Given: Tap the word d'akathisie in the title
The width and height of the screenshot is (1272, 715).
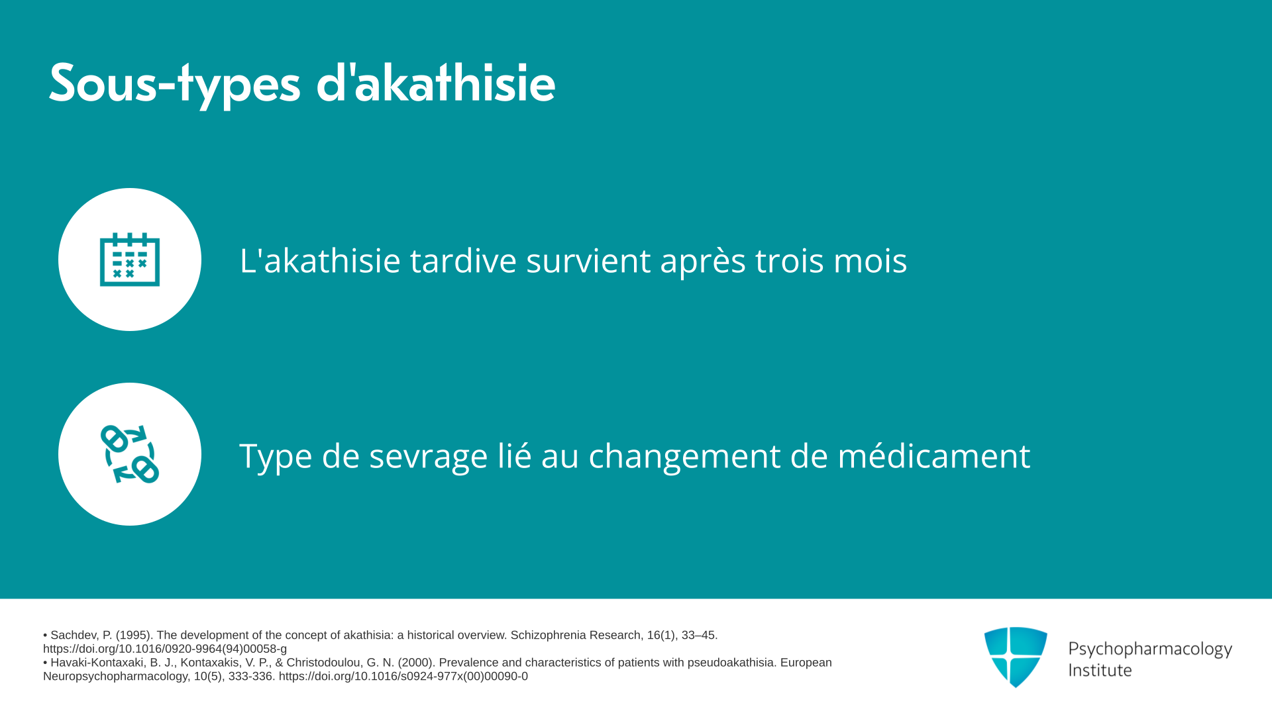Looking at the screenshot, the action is (x=436, y=83).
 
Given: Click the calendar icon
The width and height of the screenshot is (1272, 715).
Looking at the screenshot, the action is (x=130, y=260).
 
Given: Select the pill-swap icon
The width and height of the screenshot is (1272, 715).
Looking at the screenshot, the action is (x=130, y=454).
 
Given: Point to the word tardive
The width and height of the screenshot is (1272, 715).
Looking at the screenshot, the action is (x=463, y=260).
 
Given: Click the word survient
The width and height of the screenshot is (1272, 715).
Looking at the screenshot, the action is (x=588, y=260).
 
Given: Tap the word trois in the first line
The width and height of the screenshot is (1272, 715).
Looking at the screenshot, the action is (x=789, y=260).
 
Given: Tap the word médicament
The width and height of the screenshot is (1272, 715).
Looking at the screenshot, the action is (x=934, y=455).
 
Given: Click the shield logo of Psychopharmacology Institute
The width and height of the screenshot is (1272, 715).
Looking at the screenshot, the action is (x=1016, y=657).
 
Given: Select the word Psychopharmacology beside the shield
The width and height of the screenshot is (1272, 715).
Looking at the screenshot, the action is (x=1150, y=649).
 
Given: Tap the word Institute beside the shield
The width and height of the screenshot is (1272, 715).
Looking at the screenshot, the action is (x=1100, y=670).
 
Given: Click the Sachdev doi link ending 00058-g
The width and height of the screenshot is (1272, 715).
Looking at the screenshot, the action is (x=165, y=649).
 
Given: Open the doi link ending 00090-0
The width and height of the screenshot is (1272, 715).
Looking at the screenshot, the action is (x=403, y=676).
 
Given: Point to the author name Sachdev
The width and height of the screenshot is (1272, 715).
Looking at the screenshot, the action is (x=73, y=635).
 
